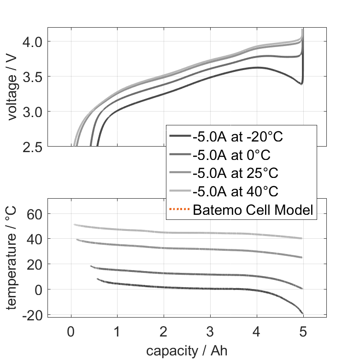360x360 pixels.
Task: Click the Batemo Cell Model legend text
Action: pyautogui.click(x=253, y=211)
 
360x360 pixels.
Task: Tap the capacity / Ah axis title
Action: pyautogui.click(x=187, y=350)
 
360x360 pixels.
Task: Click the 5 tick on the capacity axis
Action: pyautogui.click(x=303, y=331)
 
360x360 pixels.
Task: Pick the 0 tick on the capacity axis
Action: pyautogui.click(x=71, y=331)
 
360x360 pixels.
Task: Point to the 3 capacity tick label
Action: pyautogui.click(x=210, y=331)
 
